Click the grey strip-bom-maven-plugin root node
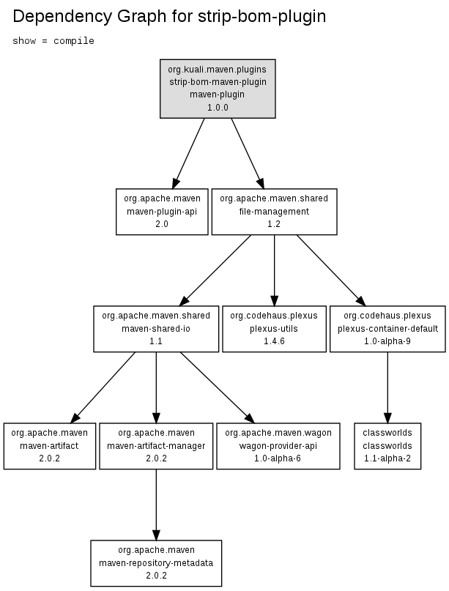[x=218, y=89]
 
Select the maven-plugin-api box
[x=162, y=212]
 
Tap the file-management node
[x=274, y=212]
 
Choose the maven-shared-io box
[x=156, y=329]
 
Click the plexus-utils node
[x=274, y=329]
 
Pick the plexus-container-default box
[x=387, y=329]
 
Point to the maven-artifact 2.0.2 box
[x=49, y=446]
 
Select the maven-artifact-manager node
[x=156, y=446]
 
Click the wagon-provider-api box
[x=278, y=446]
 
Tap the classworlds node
[x=387, y=446]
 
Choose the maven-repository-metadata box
[x=156, y=563]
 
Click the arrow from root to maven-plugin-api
[x=188, y=153]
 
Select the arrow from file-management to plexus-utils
[x=274, y=270]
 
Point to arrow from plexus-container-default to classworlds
[x=387, y=387]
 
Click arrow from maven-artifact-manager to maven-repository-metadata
[x=156, y=505]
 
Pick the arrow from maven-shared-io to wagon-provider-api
[x=217, y=387]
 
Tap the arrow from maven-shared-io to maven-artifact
[x=103, y=387]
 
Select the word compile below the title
[x=74, y=41]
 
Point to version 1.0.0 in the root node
[x=218, y=108]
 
